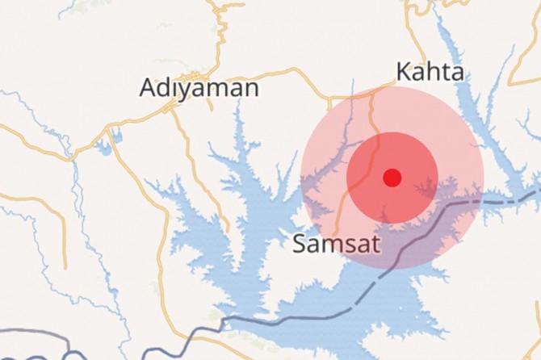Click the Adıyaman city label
(x=199, y=87)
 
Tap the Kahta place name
(x=430, y=72)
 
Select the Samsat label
(x=336, y=243)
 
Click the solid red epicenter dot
(x=392, y=178)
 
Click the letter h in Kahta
(x=431, y=72)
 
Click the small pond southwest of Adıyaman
(x=103, y=148)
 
